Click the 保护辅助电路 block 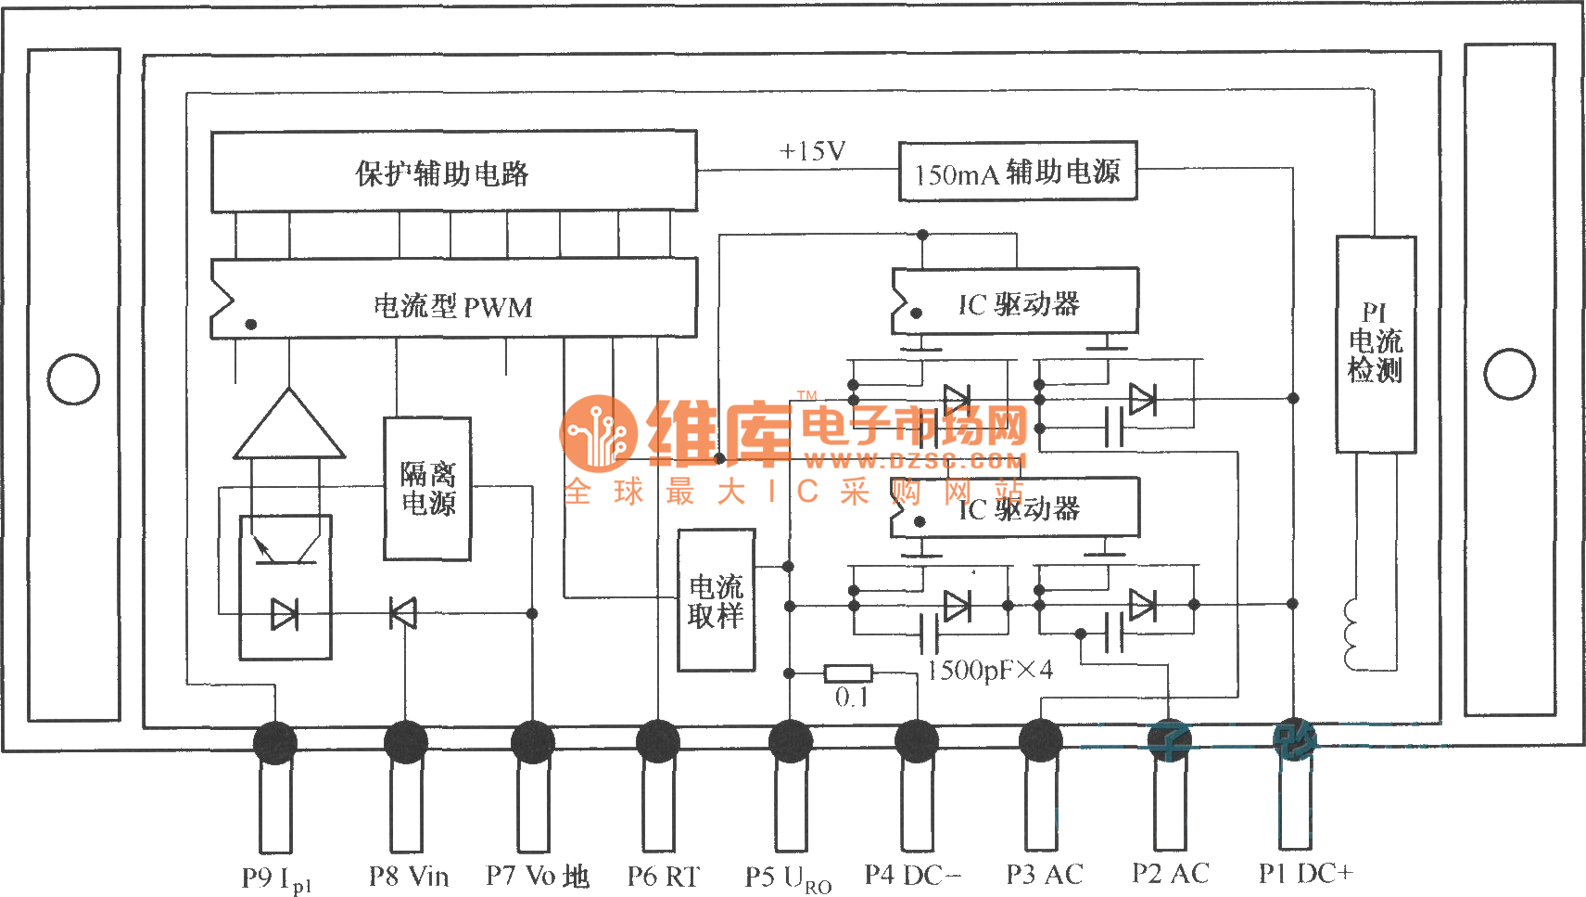tap(453, 172)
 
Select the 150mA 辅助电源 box tap(1018, 172)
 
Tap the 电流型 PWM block tap(453, 299)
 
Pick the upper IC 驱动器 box tap(1015, 302)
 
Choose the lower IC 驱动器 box tap(1015, 507)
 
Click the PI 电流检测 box tap(1376, 344)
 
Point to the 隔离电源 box tap(427, 489)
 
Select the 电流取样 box tap(716, 600)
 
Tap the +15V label tap(812, 151)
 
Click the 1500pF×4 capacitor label tap(990, 671)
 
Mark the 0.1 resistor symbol tap(848, 673)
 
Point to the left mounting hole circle tap(73, 379)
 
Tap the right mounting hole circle tap(1509, 375)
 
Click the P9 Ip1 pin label tap(276, 878)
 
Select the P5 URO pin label tap(788, 878)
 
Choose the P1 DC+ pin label tap(1305, 873)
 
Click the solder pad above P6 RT tap(658, 742)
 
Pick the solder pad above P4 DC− tap(917, 742)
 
